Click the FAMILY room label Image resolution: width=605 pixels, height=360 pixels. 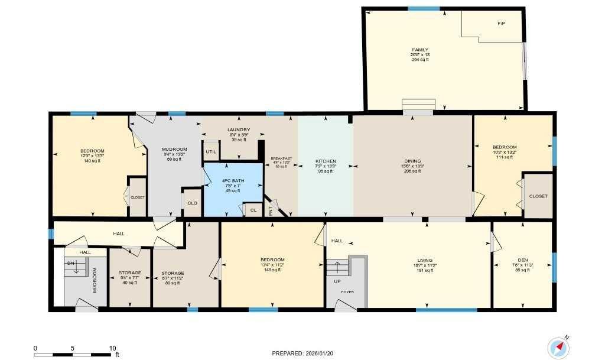pyautogui.click(x=419, y=50)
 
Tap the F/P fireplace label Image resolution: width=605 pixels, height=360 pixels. pyautogui.click(x=501, y=23)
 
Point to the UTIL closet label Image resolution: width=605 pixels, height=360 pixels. pyautogui.click(x=210, y=152)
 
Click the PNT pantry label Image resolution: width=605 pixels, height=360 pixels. pyautogui.click(x=271, y=210)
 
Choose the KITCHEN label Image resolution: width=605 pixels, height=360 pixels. pyautogui.click(x=326, y=161)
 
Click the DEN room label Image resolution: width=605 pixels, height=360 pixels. pyautogui.click(x=522, y=260)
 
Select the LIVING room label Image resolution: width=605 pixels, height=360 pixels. pyautogui.click(x=424, y=260)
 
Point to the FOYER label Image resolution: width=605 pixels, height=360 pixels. pyautogui.click(x=347, y=291)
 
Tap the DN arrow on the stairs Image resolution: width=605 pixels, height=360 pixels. pyautogui.click(x=76, y=268)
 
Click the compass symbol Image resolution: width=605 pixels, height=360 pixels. pyautogui.click(x=557, y=346)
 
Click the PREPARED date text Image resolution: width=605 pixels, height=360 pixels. pyautogui.click(x=302, y=353)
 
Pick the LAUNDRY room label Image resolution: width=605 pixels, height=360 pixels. pyautogui.click(x=239, y=130)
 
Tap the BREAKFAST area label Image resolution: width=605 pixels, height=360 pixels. pyautogui.click(x=281, y=158)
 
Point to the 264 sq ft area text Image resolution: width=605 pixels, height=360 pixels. pyautogui.click(x=419, y=60)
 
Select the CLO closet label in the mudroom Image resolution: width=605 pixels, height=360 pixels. pyautogui.click(x=192, y=203)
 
